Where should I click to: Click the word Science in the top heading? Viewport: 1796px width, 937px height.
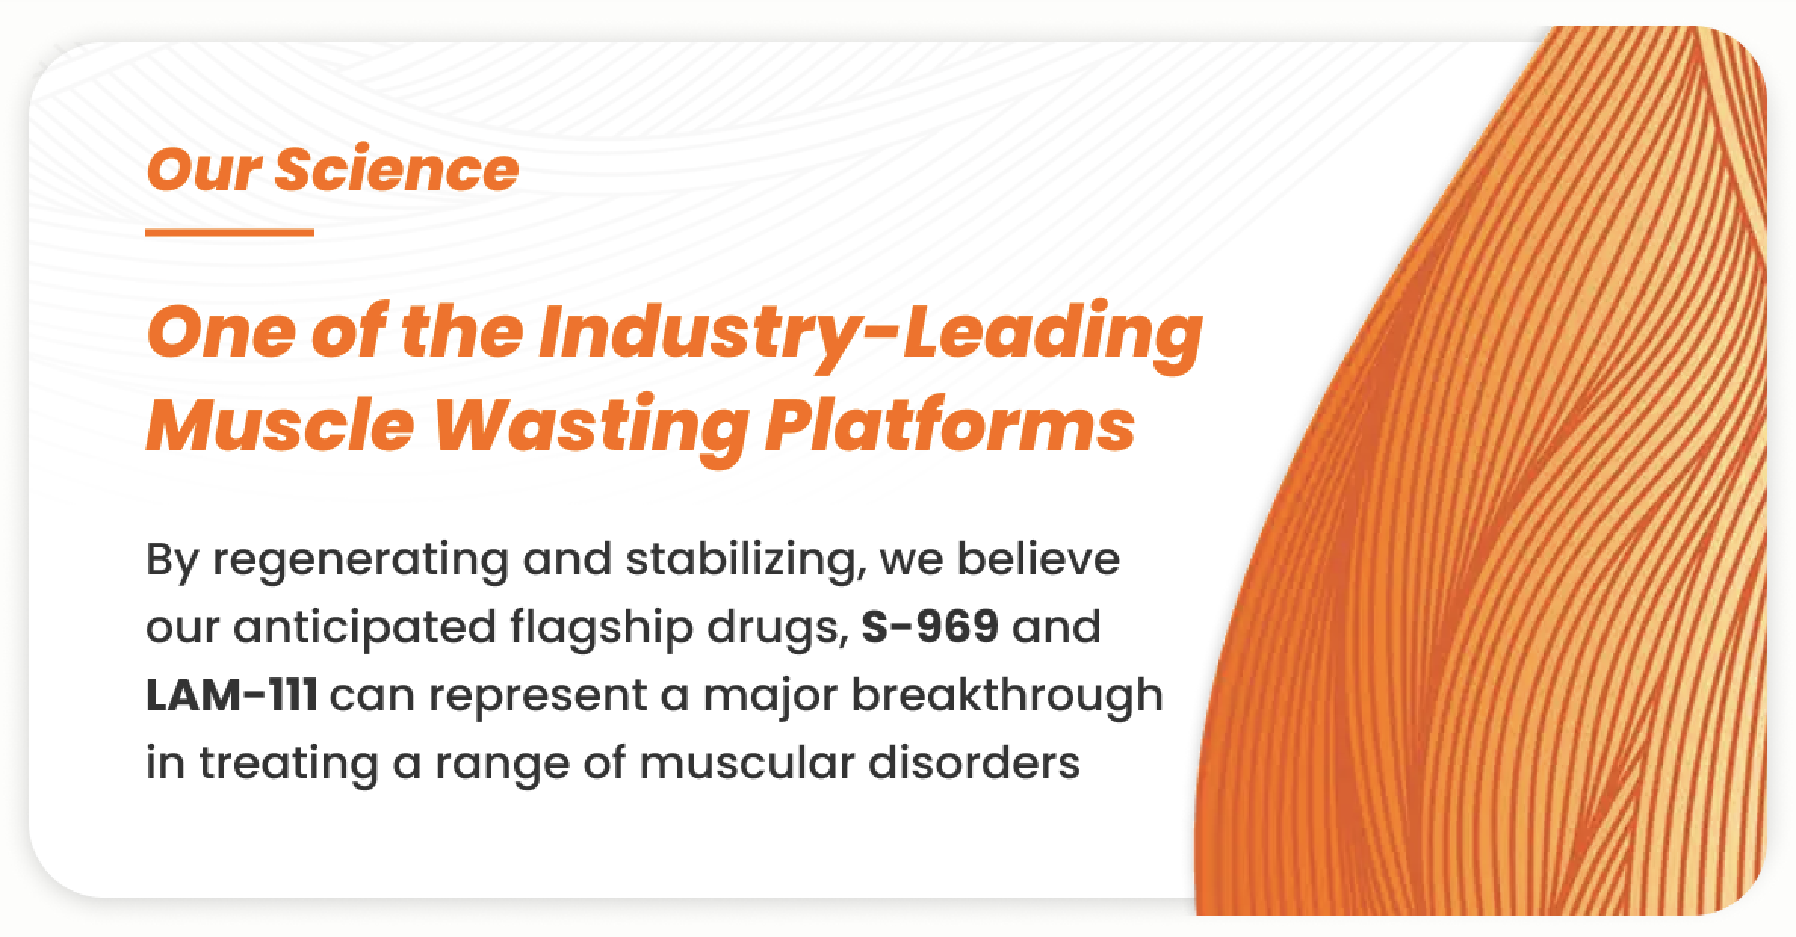[396, 169]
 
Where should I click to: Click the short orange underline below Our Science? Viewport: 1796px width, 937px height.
[230, 233]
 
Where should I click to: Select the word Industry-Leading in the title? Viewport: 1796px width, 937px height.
[870, 334]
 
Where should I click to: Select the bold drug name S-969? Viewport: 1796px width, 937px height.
[931, 626]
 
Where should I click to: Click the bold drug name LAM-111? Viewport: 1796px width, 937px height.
[231, 694]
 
